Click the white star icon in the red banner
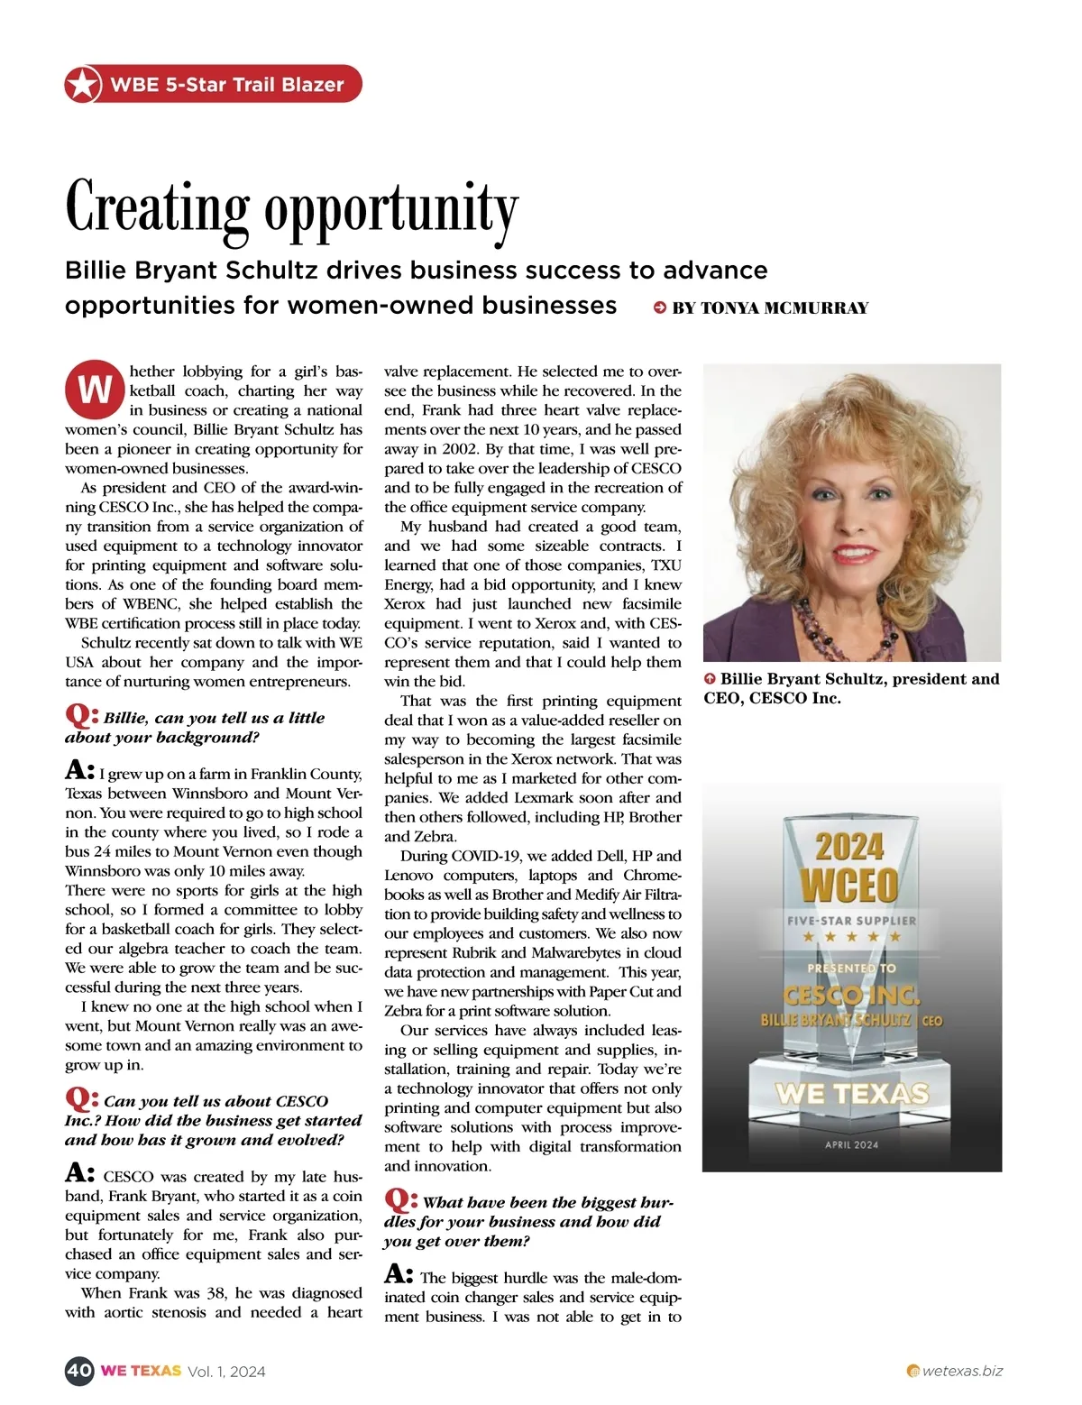coord(82,85)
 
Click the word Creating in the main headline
coord(157,207)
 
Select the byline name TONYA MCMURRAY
coord(784,308)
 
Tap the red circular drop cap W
coord(94,390)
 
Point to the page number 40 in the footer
coord(79,1371)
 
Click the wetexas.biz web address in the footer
coord(962,1371)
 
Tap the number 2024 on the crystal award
coord(849,847)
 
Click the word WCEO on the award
coord(849,885)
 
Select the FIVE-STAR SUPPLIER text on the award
coord(851,921)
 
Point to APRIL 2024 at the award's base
coord(851,1144)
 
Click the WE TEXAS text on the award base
coord(851,1094)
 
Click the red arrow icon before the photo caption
coord(710,679)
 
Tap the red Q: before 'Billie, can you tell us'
coord(81,716)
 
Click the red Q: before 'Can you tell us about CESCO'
coord(81,1099)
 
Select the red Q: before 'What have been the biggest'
coord(400,1200)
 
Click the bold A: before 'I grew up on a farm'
coord(79,770)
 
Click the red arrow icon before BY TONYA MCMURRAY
coord(660,308)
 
